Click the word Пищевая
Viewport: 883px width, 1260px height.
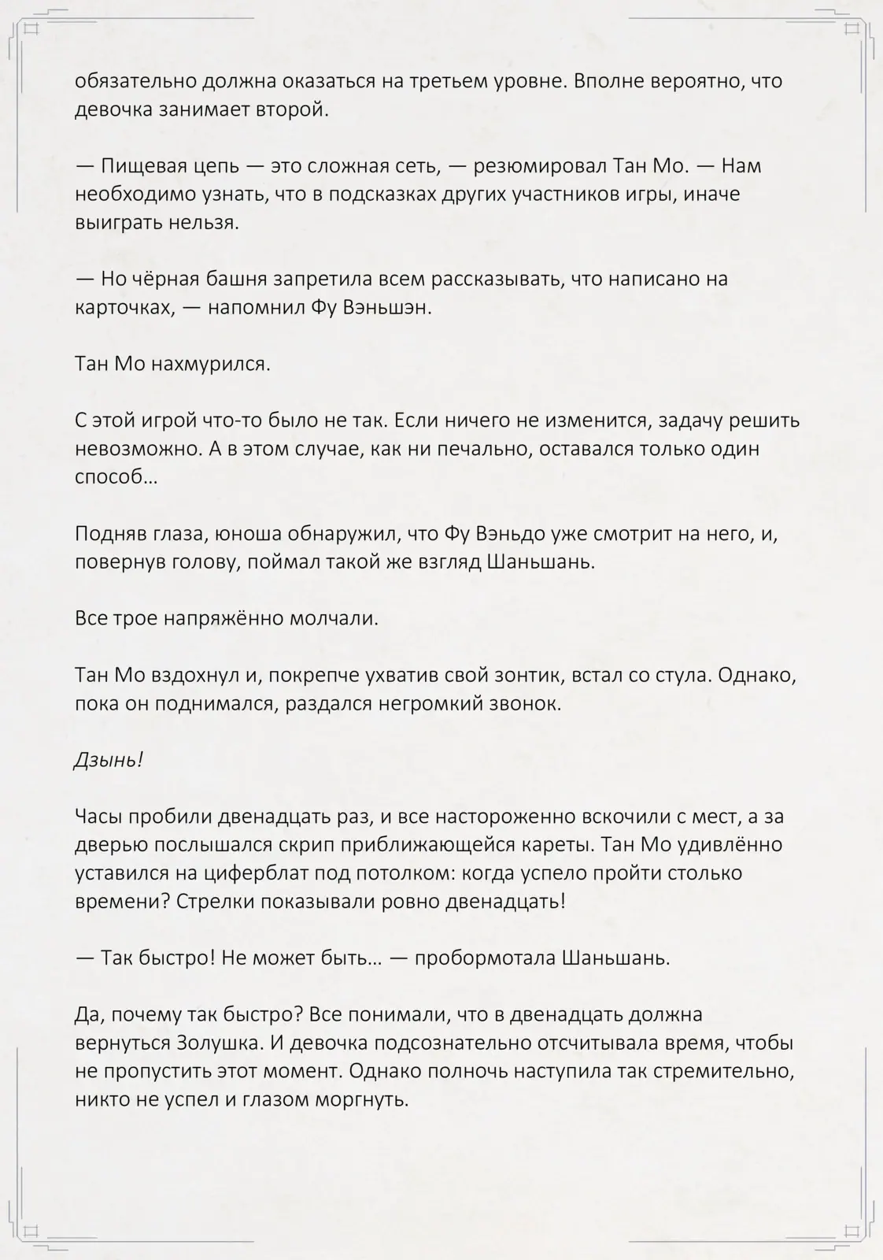(x=143, y=166)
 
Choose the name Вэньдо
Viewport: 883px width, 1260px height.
(x=511, y=534)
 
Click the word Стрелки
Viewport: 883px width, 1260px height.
(x=209, y=902)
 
